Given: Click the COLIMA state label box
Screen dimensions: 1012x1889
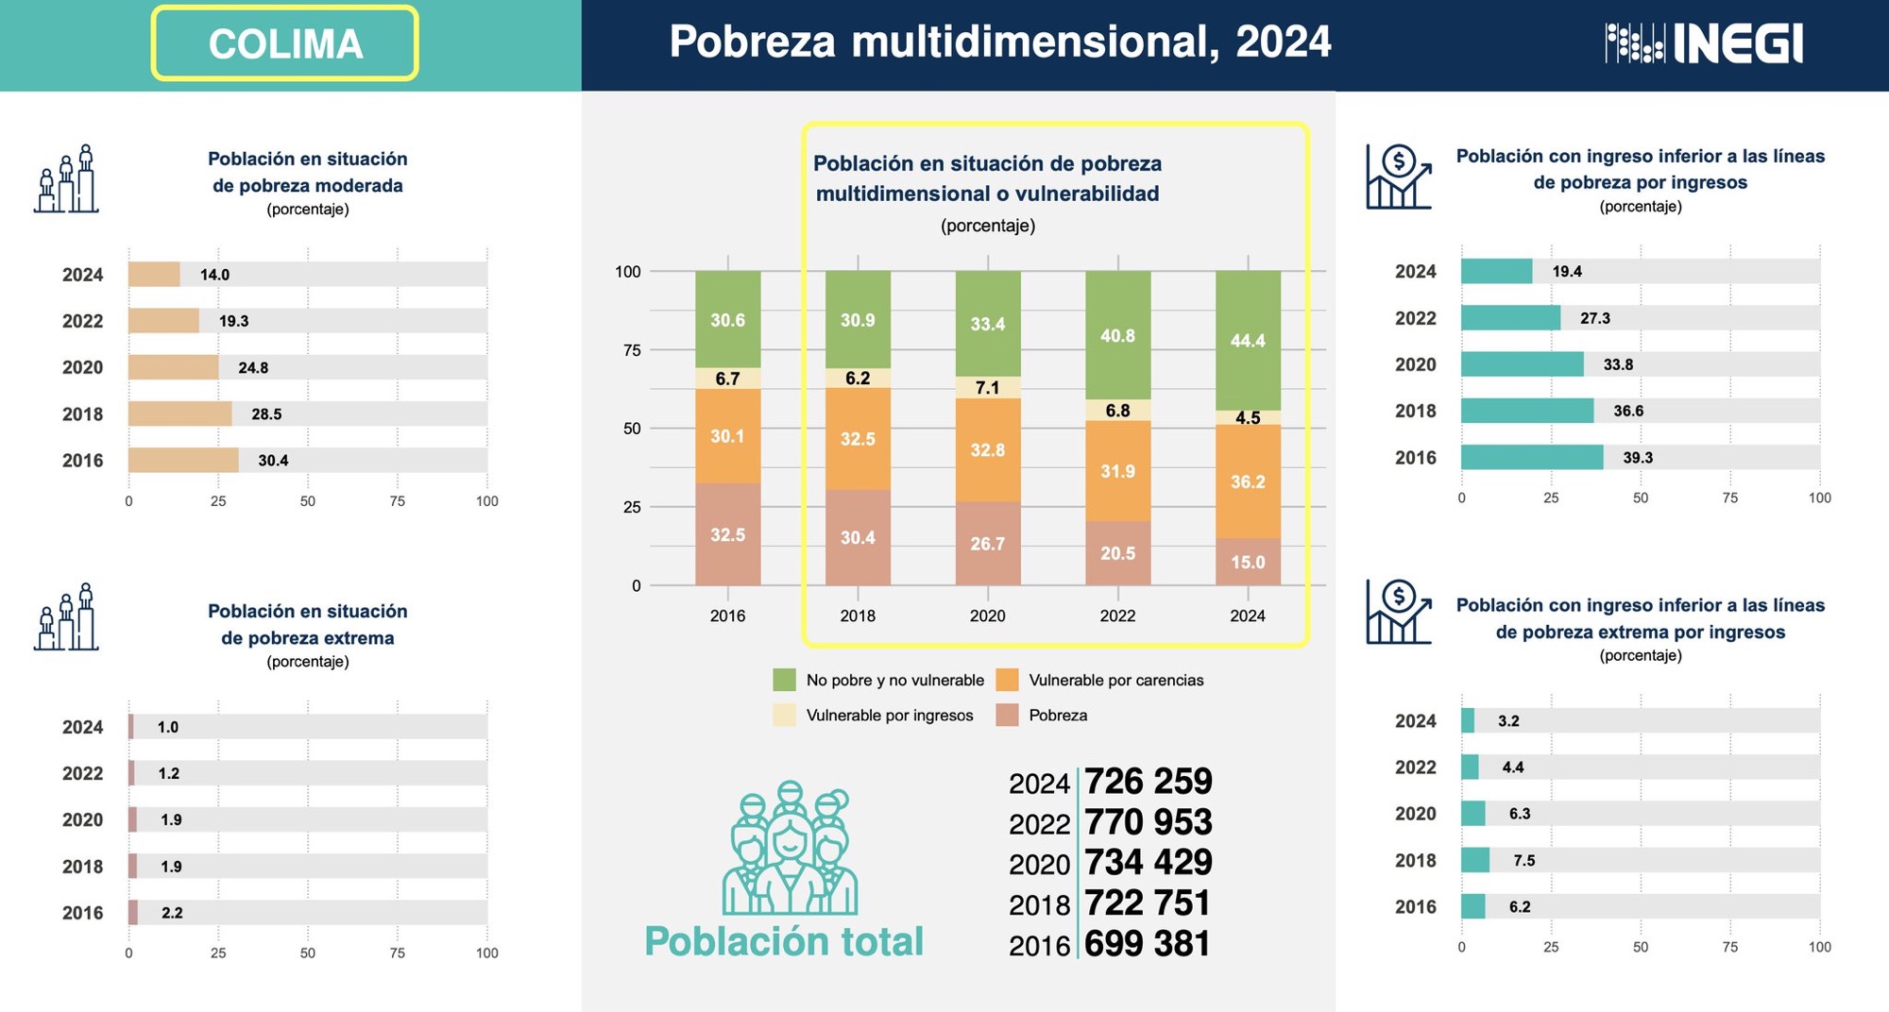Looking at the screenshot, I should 284,43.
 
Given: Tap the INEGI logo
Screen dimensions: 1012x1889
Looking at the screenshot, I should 1704,43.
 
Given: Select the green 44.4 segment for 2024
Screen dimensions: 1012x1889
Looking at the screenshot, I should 1248,340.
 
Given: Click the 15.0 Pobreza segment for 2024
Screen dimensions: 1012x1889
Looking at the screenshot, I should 1248,562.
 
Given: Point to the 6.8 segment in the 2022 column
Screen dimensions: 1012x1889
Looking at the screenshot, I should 1117,411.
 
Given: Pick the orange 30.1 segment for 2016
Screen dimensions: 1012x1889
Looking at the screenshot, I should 727,436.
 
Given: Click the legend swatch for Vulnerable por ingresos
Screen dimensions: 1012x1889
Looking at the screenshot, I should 784,716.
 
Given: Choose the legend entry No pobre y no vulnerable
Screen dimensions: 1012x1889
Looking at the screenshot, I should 893,681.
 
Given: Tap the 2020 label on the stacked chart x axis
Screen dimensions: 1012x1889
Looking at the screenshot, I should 987,616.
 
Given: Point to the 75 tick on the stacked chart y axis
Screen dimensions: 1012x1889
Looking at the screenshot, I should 631,350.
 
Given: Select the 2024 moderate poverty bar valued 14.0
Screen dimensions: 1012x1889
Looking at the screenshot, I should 154,275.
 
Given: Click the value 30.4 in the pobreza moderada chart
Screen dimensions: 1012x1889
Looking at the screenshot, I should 273,461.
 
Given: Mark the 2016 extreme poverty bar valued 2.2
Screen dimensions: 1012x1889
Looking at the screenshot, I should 133,913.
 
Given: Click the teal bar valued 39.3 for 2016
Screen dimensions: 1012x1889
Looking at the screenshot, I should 1531,458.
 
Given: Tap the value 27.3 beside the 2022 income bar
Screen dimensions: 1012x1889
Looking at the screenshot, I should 1594,318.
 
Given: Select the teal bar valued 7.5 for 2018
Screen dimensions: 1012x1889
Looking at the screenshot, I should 1474,860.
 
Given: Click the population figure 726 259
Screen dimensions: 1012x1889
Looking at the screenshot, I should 1148,782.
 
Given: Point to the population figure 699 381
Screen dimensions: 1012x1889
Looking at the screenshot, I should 1147,944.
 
